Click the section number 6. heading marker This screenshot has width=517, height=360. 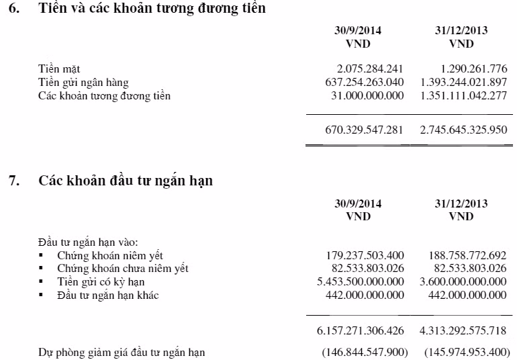[14, 9]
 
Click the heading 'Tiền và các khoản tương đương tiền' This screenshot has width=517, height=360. [152, 9]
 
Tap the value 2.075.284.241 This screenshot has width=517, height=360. [370, 69]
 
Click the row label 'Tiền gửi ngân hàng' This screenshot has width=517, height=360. [83, 82]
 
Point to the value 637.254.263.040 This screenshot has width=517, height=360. [364, 82]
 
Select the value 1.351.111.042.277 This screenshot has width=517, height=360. [464, 95]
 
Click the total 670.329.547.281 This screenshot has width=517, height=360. [364, 130]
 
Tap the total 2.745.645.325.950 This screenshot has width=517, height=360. [464, 130]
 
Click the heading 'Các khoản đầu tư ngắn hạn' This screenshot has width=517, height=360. [126, 180]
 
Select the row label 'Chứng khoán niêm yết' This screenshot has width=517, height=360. [110, 255]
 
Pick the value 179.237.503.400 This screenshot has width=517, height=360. [364, 255]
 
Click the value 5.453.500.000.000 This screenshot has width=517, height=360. [361, 282]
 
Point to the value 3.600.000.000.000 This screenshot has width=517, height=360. [464, 282]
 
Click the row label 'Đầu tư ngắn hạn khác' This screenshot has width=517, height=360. [108, 296]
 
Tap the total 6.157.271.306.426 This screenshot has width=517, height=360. [361, 331]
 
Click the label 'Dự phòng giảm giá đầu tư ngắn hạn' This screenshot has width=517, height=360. [122, 352]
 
